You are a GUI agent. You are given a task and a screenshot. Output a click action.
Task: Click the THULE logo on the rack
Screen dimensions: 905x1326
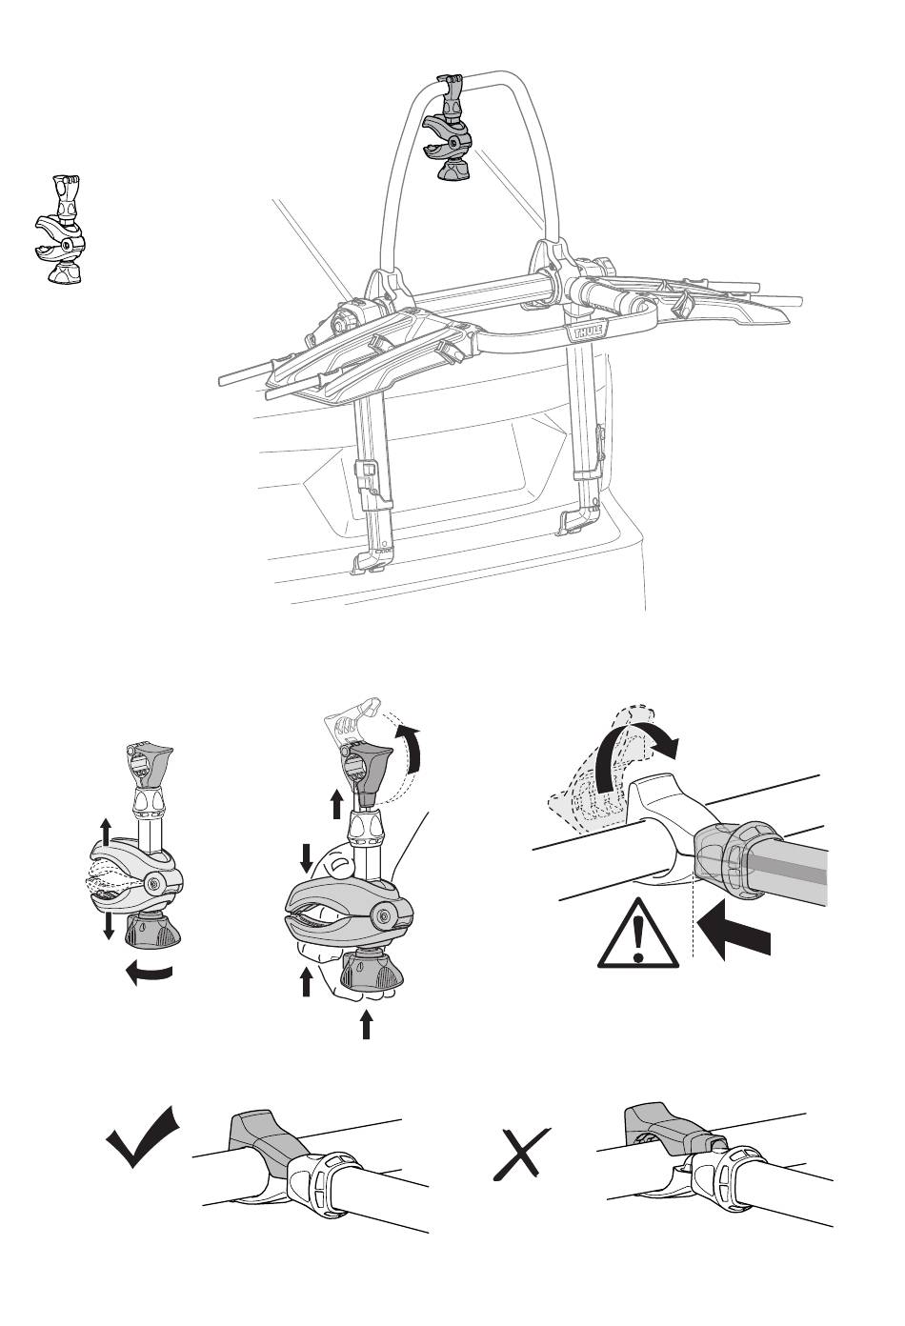[587, 331]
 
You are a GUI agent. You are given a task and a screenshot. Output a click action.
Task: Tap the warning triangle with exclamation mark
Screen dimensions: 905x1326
[638, 933]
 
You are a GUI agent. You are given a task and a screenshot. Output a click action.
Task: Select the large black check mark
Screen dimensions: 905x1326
[143, 1136]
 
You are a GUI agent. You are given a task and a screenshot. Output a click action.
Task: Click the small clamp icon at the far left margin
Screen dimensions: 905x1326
[60, 230]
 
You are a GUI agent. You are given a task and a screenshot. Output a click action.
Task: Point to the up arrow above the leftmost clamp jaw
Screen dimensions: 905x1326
[106, 834]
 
